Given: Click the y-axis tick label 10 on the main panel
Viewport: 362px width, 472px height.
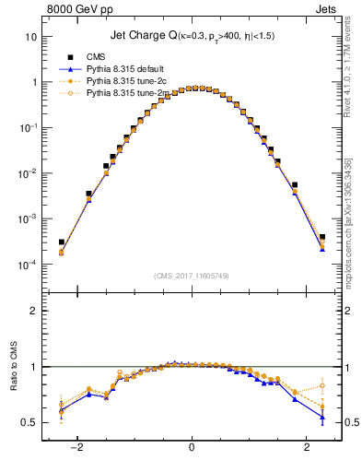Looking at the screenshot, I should [31, 37].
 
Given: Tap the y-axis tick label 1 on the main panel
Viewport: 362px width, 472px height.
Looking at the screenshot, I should [34, 82].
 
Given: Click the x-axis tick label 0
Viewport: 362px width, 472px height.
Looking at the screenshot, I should [192, 449].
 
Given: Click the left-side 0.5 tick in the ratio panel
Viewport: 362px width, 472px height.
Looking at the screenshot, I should [29, 422].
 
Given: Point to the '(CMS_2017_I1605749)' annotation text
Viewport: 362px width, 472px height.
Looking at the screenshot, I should [192, 275].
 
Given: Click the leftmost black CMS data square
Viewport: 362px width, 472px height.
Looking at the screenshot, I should [61, 242].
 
